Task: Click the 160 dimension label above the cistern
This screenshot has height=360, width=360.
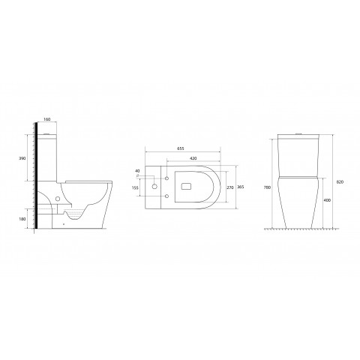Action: click(47, 119)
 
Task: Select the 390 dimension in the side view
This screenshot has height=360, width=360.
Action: click(22, 158)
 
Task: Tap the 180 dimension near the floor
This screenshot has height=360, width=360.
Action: click(22, 219)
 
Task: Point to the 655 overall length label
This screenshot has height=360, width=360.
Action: click(181, 148)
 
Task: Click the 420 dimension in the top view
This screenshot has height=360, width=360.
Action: click(193, 158)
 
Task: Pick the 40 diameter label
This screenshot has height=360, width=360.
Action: click(137, 171)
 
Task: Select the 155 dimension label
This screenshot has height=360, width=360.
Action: click(135, 188)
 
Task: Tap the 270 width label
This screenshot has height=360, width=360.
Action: click(230, 187)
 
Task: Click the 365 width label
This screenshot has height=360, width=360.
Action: click(241, 187)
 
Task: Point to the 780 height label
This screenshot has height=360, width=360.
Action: click(267, 187)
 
